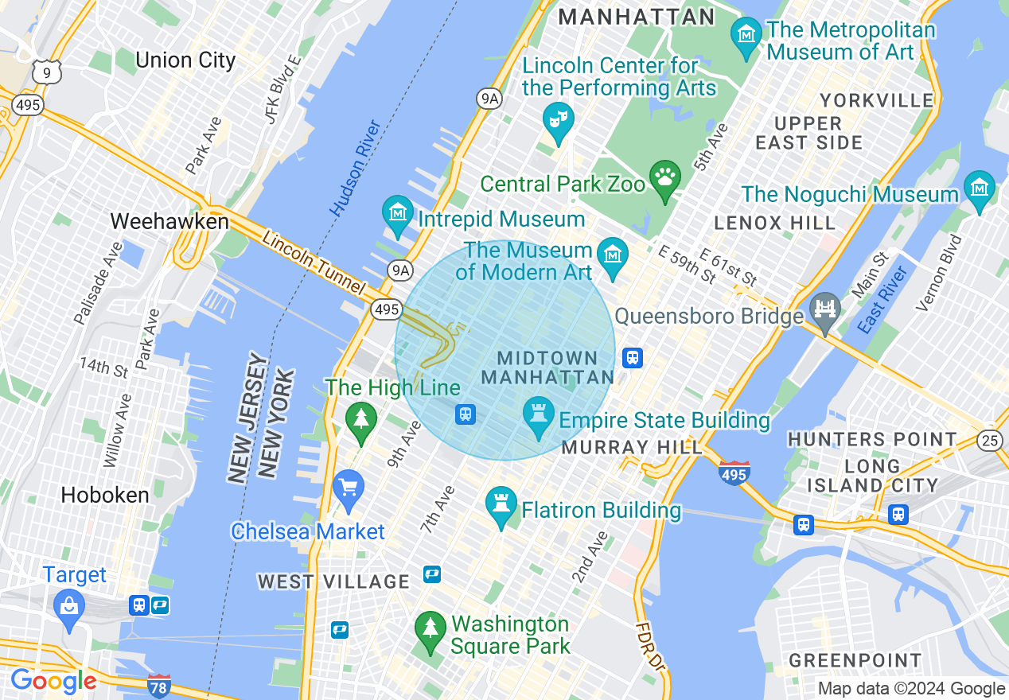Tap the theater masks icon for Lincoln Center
[x=558, y=121]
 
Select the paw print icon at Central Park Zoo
[x=664, y=177]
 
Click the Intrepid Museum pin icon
[x=397, y=213]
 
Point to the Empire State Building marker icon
[x=539, y=414]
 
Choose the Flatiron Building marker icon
[x=501, y=504]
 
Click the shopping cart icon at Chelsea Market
[x=348, y=487]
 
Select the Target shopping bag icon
[x=70, y=606]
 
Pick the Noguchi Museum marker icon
[x=979, y=189]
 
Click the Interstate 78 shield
[x=159, y=686]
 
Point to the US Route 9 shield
[x=46, y=72]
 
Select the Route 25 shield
[x=991, y=439]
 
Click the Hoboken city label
[x=105, y=495]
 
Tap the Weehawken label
[x=169, y=221]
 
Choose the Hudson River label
[x=356, y=168]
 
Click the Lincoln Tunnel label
[x=313, y=262]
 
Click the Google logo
[x=53, y=681]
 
